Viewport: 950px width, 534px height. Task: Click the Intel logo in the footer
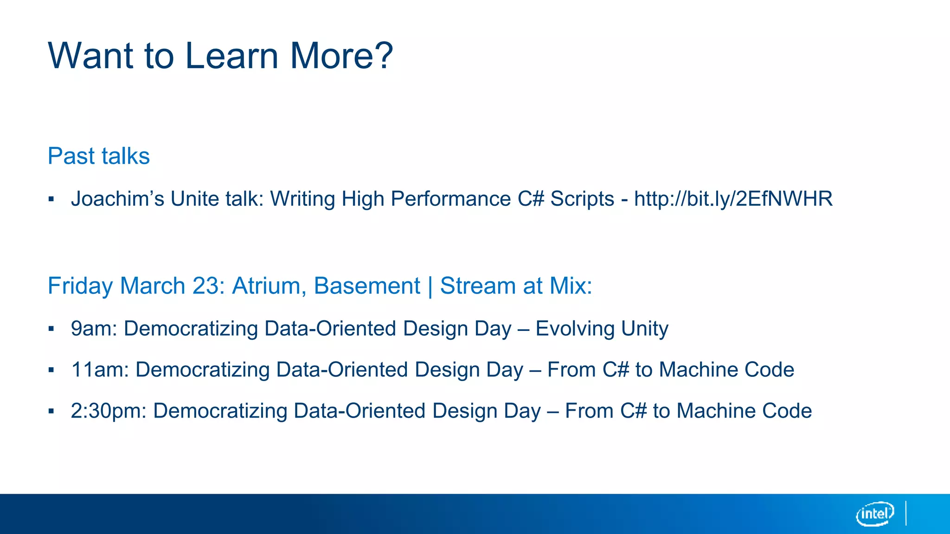click(x=875, y=514)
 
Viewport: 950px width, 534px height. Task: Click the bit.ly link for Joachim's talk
click(x=733, y=199)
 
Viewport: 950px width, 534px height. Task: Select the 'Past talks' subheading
click(x=99, y=156)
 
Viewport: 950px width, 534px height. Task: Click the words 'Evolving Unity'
click(x=602, y=329)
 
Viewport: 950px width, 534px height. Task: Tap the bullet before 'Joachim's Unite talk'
click(x=51, y=200)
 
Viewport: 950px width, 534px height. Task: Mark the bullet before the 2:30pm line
click(x=51, y=411)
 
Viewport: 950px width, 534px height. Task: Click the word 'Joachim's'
click(x=117, y=199)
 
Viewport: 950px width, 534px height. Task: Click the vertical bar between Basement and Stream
click(x=430, y=286)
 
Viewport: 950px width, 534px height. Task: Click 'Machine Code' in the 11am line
click(x=726, y=370)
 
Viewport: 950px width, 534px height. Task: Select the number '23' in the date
click(x=207, y=286)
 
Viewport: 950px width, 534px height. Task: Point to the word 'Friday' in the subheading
click(x=80, y=286)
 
